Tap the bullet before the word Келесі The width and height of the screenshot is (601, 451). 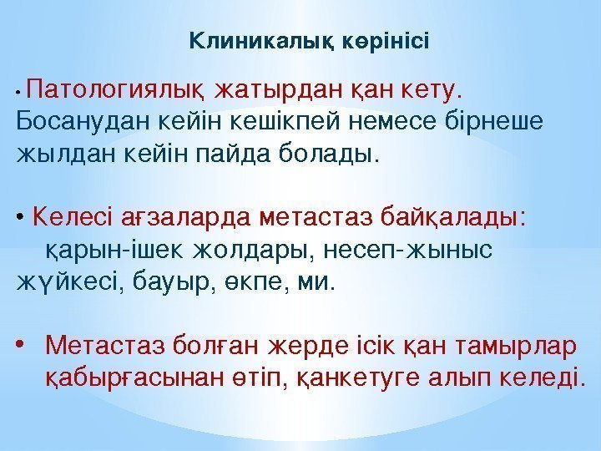coord(20,219)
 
